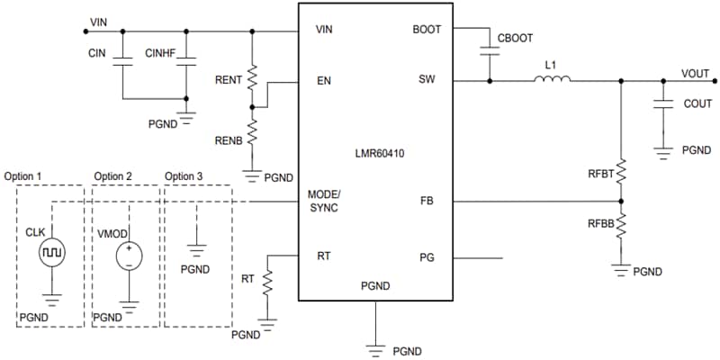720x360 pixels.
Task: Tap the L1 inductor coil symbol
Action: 552,81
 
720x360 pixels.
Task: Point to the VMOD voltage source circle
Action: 130,255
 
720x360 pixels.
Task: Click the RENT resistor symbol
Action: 253,78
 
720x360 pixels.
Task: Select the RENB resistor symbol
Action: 253,132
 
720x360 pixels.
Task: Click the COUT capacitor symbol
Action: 662,104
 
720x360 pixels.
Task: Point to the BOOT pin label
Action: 427,29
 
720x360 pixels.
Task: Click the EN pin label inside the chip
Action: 324,80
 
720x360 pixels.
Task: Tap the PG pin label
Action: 427,257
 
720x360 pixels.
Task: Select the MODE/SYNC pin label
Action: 324,201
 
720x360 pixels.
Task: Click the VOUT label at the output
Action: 695,74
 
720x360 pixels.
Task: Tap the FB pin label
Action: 427,201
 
